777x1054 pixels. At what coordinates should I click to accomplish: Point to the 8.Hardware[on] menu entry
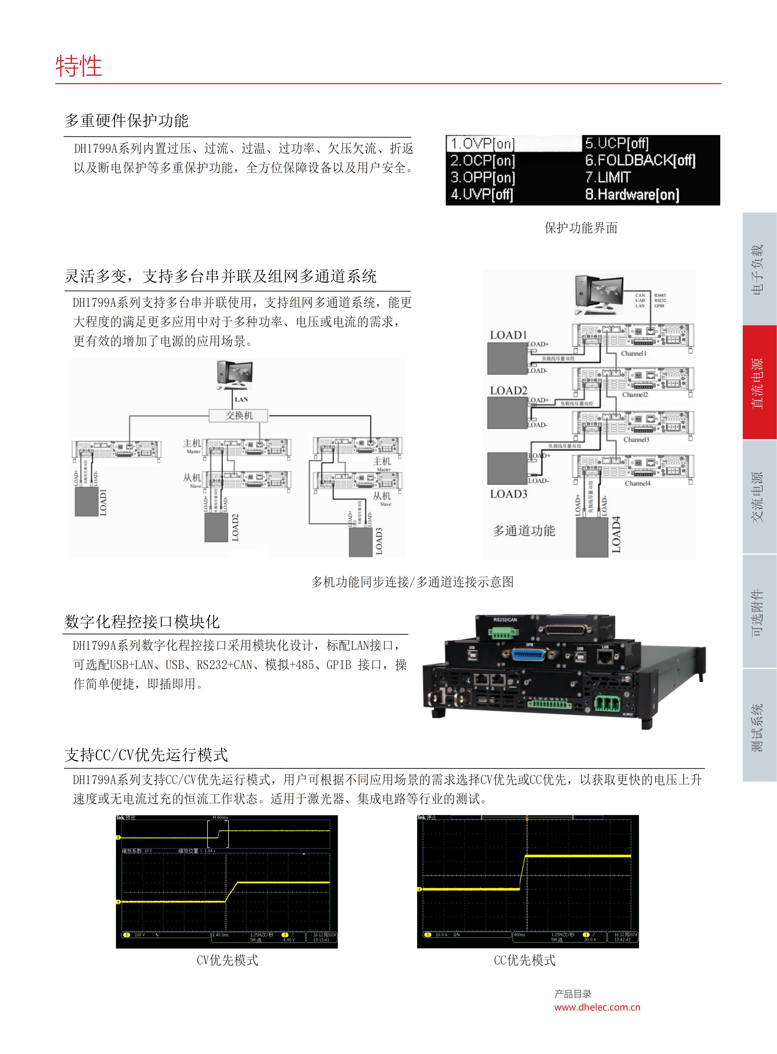point(632,194)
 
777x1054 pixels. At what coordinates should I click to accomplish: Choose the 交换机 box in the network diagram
point(239,415)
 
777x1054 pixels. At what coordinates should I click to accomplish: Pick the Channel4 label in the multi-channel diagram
point(637,483)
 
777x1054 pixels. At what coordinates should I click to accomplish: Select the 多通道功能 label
point(524,531)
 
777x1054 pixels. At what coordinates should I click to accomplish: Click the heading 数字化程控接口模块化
point(142,622)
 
